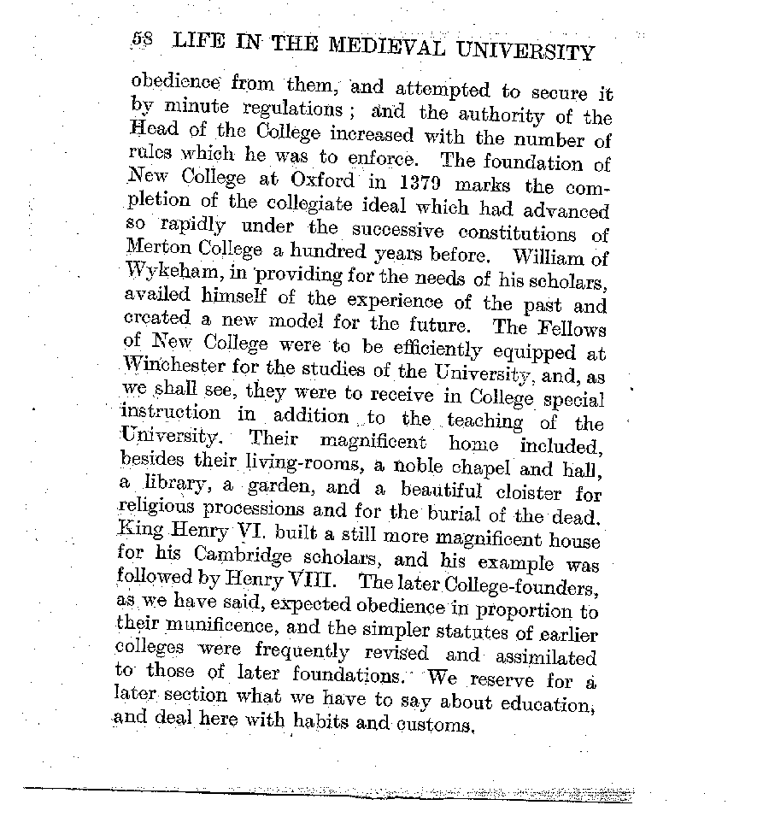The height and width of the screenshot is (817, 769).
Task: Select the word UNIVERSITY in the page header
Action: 526,51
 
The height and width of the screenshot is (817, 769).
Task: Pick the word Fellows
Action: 570,328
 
